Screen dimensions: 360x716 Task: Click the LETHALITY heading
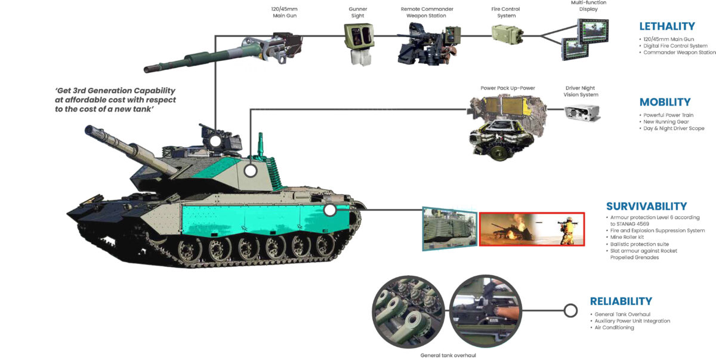coord(666,26)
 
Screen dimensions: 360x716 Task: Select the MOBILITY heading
coord(665,102)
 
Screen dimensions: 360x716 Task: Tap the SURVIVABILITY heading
coord(646,206)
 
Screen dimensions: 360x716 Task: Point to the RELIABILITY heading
coord(621,301)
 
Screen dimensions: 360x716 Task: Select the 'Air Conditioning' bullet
coord(614,327)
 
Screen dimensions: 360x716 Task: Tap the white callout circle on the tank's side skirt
coord(329,210)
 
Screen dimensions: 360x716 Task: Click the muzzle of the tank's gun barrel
coord(90,130)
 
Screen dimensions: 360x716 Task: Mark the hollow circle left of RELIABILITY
coord(570,310)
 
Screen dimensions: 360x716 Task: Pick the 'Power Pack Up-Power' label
coord(507,88)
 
